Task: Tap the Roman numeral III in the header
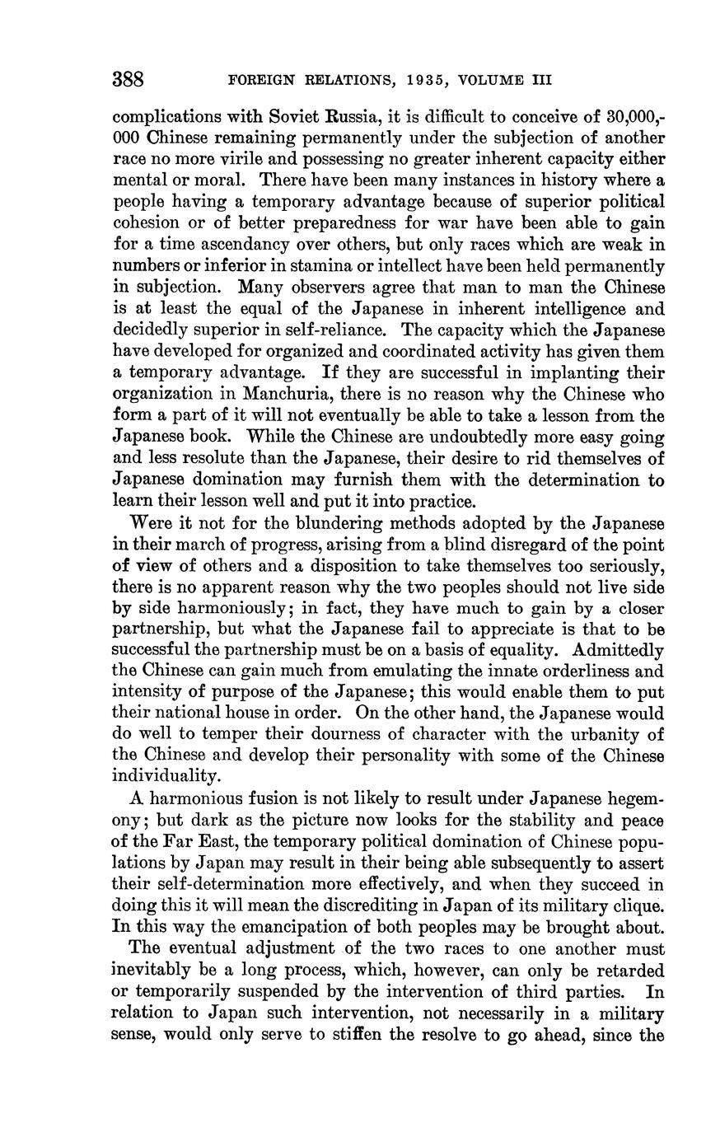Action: click(x=536, y=81)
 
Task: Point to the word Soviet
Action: click(x=301, y=116)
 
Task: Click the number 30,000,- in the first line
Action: click(x=637, y=116)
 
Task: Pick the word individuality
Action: click(x=166, y=775)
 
